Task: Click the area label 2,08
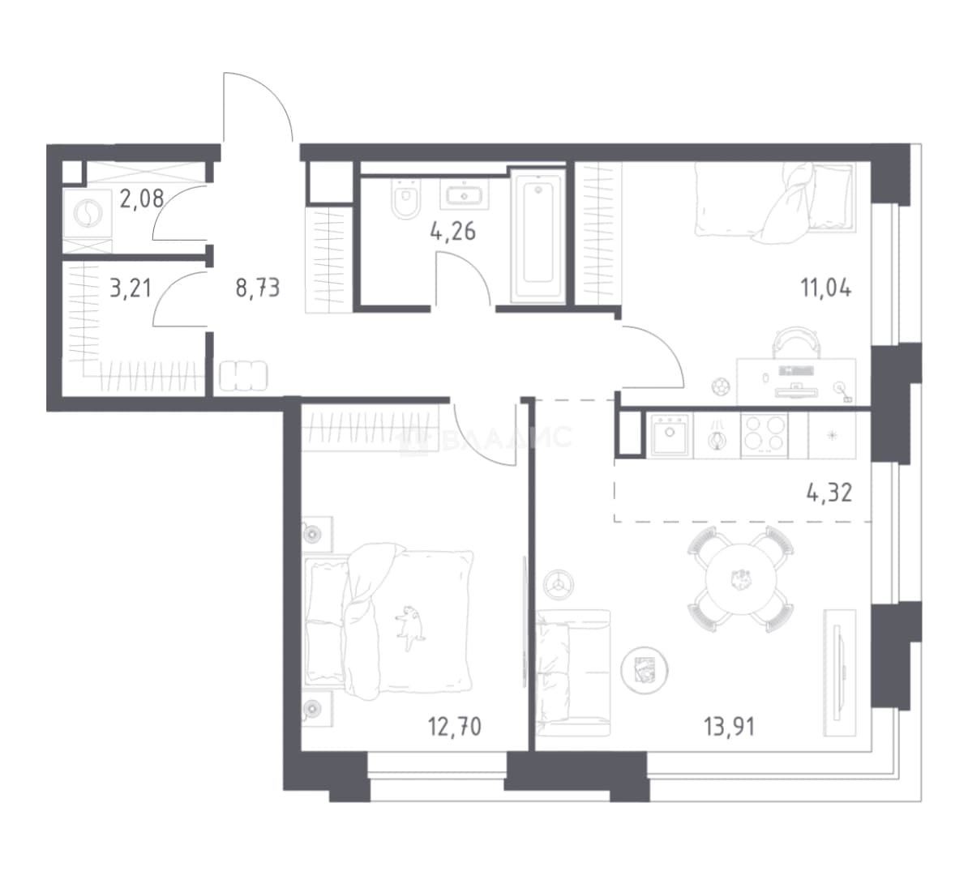tap(141, 198)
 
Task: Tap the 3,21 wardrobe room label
tap(131, 288)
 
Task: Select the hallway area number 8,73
tap(258, 288)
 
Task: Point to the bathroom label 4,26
tap(452, 232)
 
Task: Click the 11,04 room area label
tap(826, 288)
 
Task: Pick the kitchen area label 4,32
tap(829, 493)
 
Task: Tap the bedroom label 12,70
tap(454, 727)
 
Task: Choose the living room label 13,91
tap(729, 727)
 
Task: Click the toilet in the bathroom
tap(405, 199)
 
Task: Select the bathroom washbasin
tap(465, 195)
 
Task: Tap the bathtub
tap(538, 238)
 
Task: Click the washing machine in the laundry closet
tap(88, 214)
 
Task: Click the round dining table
tap(740, 579)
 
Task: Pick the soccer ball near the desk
tap(721, 387)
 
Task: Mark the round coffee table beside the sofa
tap(645, 670)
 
